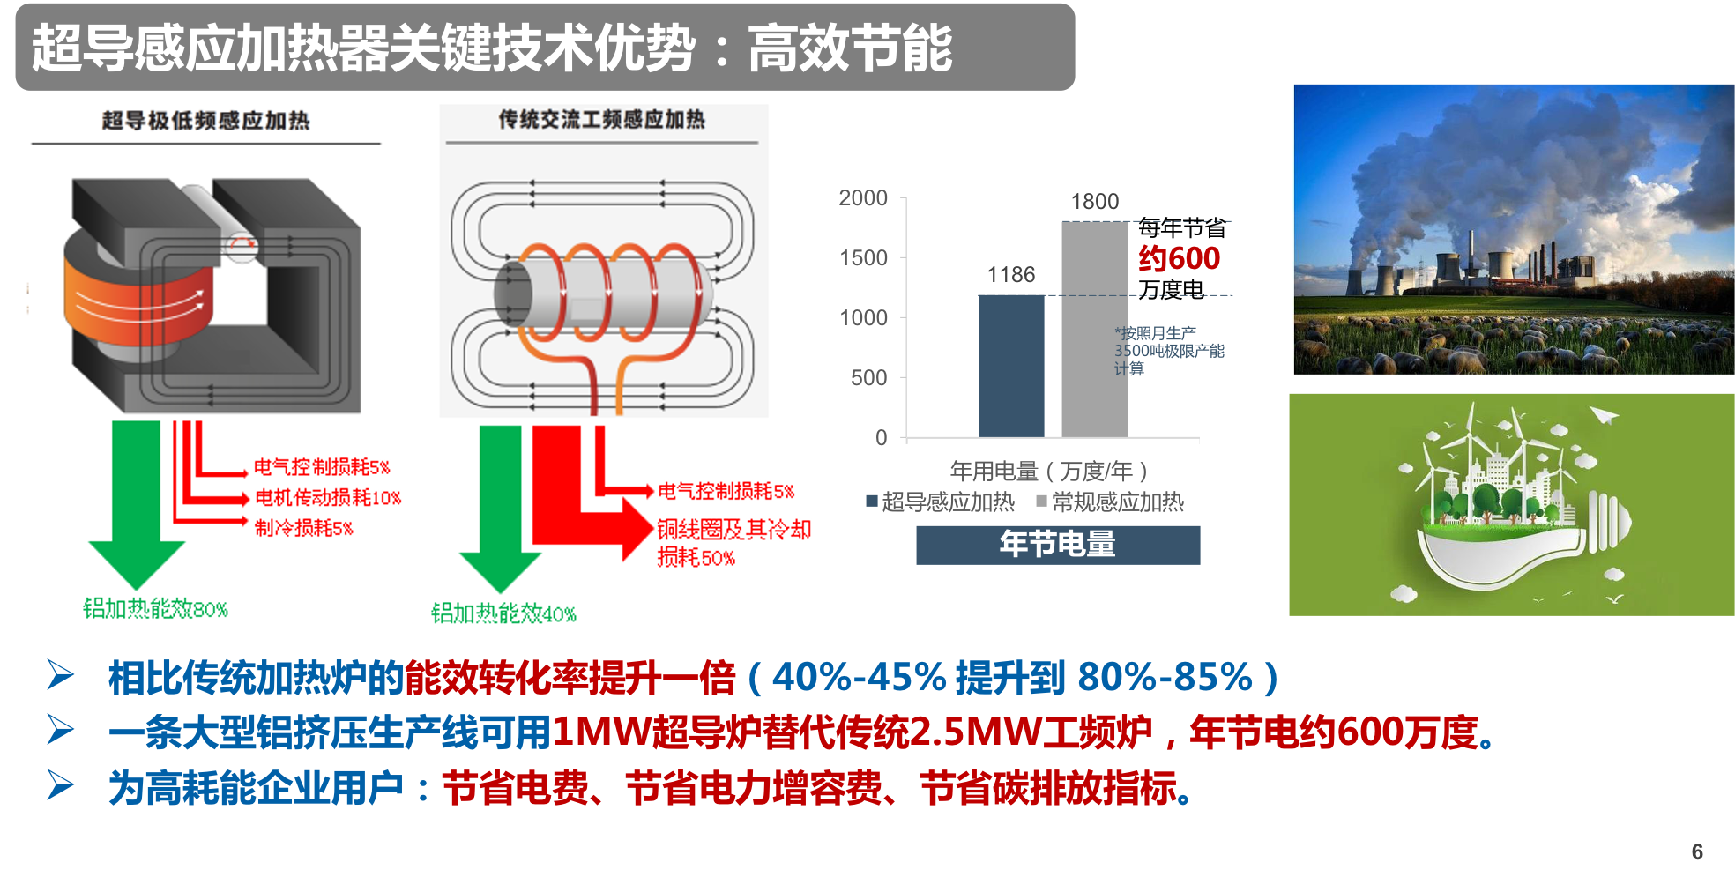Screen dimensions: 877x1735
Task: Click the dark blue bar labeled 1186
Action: click(1011, 366)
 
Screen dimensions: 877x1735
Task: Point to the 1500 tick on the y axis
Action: click(863, 258)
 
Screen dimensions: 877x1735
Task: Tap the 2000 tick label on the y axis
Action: click(863, 198)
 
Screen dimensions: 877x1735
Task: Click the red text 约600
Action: click(1179, 258)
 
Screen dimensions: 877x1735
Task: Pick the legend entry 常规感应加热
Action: click(1110, 502)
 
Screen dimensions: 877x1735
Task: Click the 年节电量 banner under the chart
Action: click(1057, 545)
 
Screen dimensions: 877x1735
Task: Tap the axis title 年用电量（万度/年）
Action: click(1048, 471)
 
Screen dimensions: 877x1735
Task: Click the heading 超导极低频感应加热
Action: click(205, 121)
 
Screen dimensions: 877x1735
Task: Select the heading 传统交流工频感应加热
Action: click(601, 119)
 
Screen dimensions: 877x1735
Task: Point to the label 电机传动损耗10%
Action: click(327, 498)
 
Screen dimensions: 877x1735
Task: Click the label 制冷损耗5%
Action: click(303, 528)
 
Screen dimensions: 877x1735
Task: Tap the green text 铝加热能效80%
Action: click(155, 608)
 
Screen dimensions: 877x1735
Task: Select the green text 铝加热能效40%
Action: click(503, 613)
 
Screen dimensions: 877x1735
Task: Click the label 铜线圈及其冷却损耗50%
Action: click(733, 542)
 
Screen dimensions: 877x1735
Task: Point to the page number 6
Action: click(1697, 851)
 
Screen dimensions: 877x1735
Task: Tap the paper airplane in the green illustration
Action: click(1604, 414)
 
